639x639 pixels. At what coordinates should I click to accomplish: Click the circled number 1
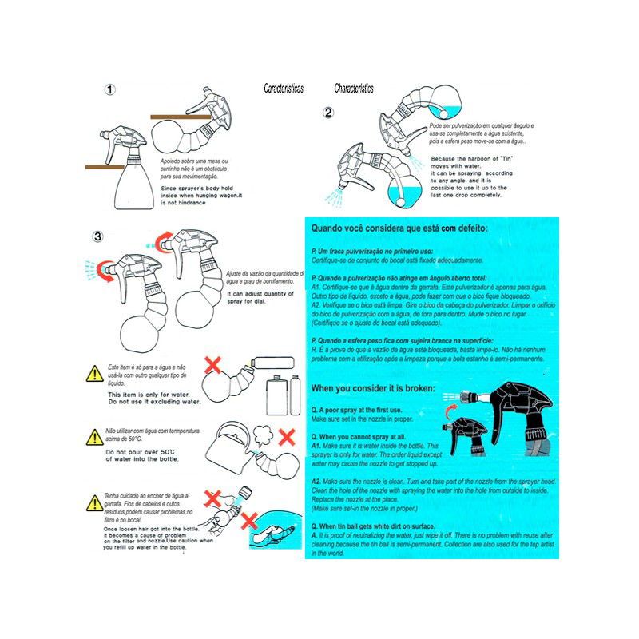point(111,90)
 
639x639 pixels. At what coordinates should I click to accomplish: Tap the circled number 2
point(328,113)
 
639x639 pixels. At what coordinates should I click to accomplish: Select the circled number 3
point(97,236)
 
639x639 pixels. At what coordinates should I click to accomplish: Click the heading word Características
point(284,89)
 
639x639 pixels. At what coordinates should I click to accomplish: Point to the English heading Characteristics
point(354,89)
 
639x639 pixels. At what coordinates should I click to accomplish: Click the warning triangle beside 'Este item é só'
point(94,373)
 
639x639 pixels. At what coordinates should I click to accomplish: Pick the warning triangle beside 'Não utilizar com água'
point(94,437)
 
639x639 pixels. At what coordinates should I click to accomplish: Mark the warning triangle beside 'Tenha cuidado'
point(94,502)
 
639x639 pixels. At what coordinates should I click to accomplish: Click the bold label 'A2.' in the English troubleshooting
point(317,483)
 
